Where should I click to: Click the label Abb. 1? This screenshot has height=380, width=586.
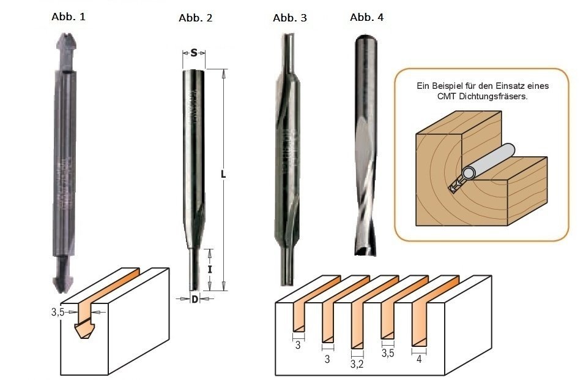[x=68, y=17]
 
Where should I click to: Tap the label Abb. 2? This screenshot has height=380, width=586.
[x=195, y=18]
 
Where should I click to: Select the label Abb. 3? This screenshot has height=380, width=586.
[x=289, y=18]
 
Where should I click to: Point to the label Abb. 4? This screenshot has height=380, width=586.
[x=366, y=17]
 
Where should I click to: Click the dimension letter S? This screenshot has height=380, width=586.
[x=194, y=53]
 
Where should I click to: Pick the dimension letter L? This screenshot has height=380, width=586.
[x=224, y=175]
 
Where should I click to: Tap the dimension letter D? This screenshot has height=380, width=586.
[x=194, y=299]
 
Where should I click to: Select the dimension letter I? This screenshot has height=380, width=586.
[x=209, y=268]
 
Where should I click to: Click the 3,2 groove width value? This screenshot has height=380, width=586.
[x=357, y=364]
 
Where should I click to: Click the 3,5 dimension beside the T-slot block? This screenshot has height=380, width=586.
[x=58, y=312]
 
